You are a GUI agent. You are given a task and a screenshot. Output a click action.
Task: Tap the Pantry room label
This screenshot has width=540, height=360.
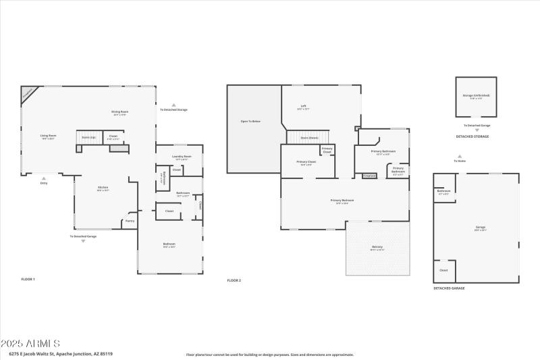(x=130, y=220)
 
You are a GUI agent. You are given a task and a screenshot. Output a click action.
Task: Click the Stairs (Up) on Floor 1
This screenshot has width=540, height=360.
(x=88, y=136)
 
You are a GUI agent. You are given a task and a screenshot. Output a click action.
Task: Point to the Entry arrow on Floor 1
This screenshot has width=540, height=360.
(x=45, y=177)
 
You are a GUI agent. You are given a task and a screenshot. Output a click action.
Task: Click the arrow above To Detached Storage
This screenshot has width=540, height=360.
(x=173, y=105)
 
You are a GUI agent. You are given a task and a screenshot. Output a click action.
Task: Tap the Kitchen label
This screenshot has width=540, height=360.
(x=103, y=188)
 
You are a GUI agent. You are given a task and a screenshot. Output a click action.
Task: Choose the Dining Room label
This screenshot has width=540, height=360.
(x=120, y=112)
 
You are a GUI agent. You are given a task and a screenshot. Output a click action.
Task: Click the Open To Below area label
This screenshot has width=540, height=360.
(x=250, y=121)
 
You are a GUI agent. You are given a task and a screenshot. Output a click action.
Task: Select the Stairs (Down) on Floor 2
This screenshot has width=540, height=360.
(x=309, y=137)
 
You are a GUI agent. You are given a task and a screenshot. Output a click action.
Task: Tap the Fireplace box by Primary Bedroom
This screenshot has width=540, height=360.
(x=369, y=176)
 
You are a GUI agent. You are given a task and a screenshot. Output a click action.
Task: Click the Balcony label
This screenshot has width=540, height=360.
(x=377, y=247)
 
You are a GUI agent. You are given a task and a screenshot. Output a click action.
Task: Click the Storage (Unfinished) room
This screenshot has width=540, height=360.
(x=477, y=97)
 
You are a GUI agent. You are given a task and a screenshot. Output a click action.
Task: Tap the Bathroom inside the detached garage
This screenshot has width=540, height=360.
(x=443, y=192)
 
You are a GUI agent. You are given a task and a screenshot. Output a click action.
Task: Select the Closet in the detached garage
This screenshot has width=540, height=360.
(x=443, y=270)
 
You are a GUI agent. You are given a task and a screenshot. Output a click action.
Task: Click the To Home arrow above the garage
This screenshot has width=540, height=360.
(x=460, y=155)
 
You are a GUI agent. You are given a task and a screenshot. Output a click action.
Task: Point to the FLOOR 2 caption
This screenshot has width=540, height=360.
(x=234, y=280)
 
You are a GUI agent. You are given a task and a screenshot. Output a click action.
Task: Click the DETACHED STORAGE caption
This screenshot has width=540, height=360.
(x=472, y=136)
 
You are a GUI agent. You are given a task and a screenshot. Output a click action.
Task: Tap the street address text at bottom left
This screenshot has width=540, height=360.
(x=61, y=353)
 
